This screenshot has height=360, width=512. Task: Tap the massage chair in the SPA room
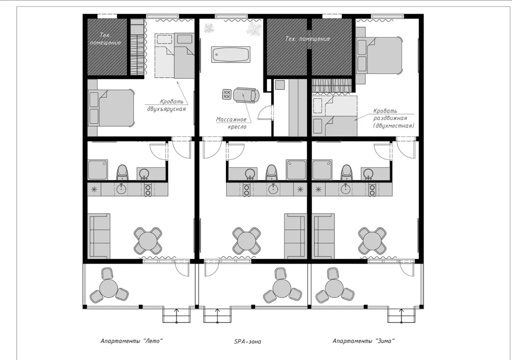247,95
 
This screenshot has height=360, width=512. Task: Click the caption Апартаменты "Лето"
131,341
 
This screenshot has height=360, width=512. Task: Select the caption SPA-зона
247,341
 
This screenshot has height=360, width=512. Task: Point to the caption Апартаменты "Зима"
364,341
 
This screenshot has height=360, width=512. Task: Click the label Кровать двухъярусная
166,105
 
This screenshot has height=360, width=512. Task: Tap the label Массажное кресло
231,123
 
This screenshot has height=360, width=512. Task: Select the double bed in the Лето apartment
111,108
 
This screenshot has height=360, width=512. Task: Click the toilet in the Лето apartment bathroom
122,172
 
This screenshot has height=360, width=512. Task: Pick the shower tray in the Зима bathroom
322,169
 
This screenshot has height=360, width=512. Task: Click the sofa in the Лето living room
99,236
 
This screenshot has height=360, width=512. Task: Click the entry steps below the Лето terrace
176,315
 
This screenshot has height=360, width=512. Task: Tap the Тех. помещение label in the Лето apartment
105,39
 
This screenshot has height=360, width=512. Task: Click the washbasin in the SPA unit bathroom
250,173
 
